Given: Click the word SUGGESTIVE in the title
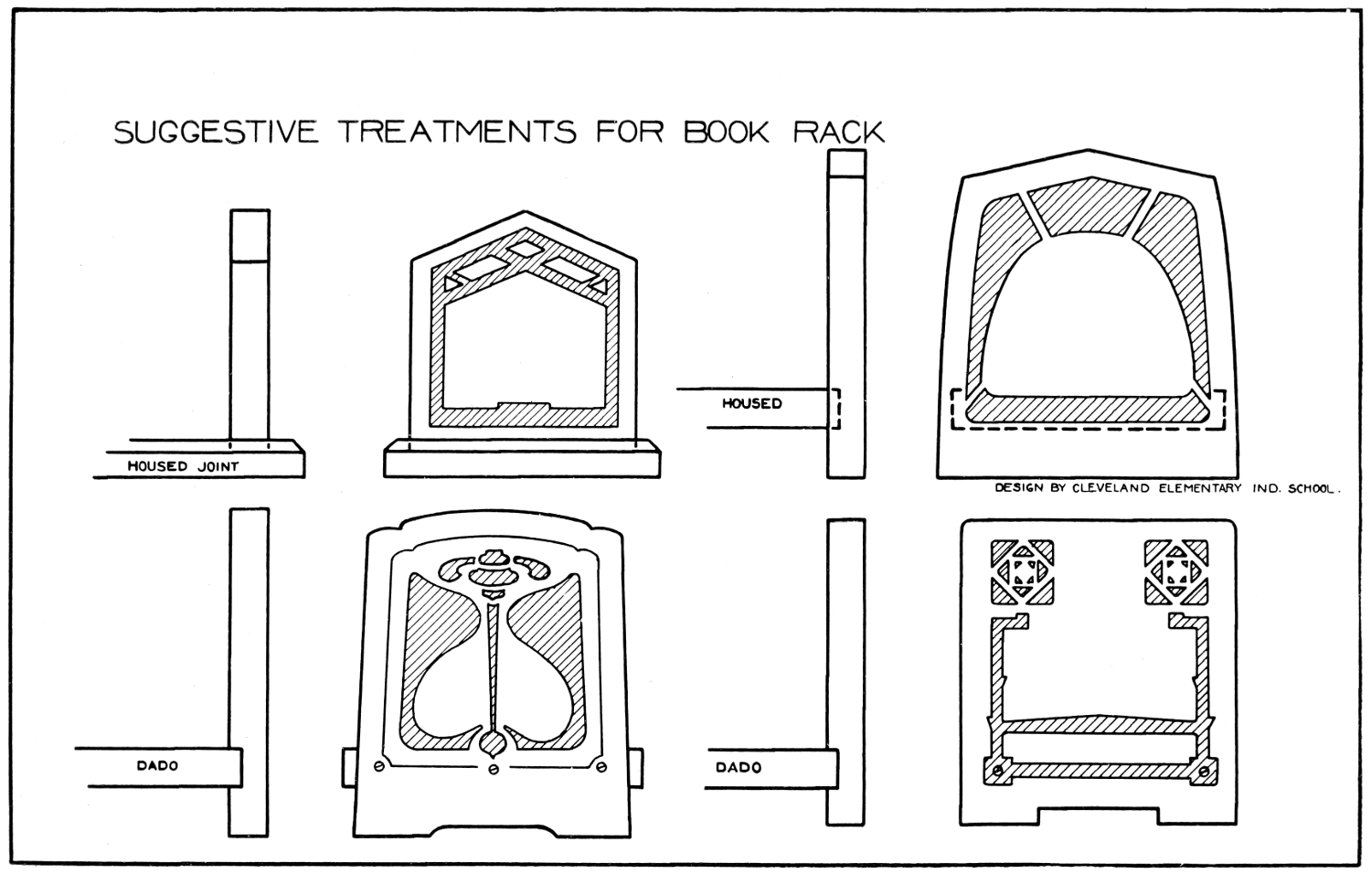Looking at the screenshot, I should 216,132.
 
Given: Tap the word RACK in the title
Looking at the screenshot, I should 838,132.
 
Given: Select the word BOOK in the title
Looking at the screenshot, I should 728,132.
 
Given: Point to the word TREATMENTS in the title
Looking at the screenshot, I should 459,132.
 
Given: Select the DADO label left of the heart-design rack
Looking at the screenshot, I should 157,766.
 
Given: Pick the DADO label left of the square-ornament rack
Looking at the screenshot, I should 739,767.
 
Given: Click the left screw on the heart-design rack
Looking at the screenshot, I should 379,766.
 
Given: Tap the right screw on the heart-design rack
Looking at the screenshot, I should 601,766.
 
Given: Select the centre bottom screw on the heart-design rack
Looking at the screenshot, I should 494,769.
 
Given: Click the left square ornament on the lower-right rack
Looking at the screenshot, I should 1022,573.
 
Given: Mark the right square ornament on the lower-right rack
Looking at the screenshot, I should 1176,573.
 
